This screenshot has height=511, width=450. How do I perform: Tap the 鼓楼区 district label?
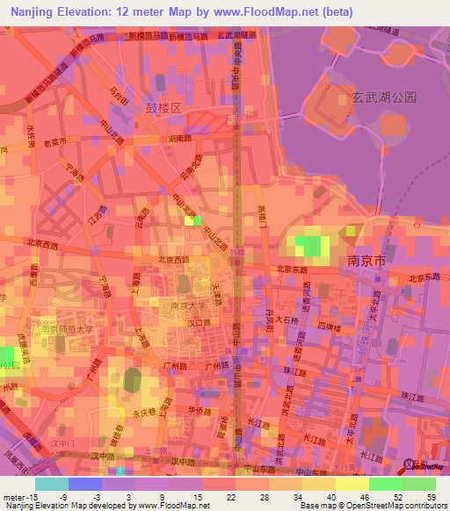click(x=163, y=107)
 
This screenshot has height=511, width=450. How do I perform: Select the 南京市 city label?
click(x=367, y=261)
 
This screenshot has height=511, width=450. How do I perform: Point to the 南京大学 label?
click(x=188, y=306)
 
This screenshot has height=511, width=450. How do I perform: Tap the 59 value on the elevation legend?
click(x=431, y=498)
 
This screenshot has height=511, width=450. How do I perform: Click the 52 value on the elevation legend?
click(x=397, y=498)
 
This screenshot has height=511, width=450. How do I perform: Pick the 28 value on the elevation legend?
click(x=264, y=498)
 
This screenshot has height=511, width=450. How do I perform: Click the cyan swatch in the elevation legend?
click(x=52, y=484)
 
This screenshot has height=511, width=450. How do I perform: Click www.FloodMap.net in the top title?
click(x=263, y=12)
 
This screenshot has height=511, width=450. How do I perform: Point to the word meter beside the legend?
click(x=14, y=498)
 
